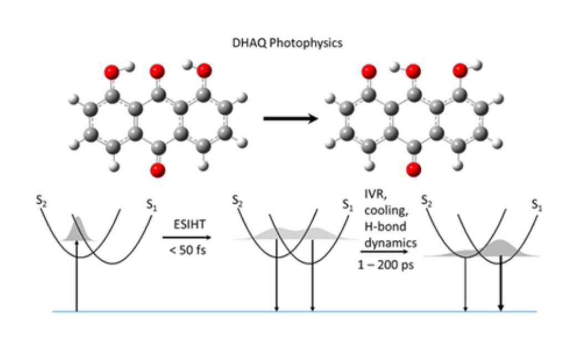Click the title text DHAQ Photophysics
click(287, 43)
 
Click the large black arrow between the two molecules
click(290, 119)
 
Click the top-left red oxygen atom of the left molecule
click(111, 71)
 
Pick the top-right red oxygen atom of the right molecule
click(460, 70)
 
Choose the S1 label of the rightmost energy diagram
click(537, 204)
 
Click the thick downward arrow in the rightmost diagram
click(501, 282)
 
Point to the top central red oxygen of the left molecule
click(157, 71)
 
